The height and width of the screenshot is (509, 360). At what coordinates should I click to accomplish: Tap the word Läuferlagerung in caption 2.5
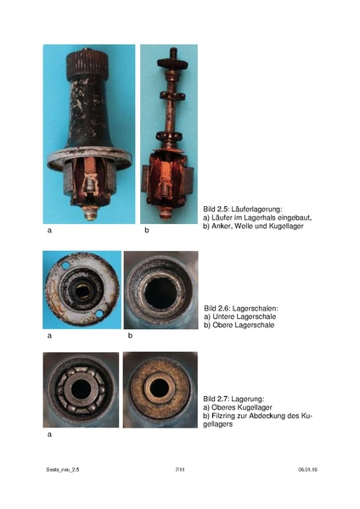[x=257, y=210]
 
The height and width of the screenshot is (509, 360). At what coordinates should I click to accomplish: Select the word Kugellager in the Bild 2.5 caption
[x=286, y=226]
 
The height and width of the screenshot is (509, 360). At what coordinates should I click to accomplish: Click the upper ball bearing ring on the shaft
[x=172, y=96]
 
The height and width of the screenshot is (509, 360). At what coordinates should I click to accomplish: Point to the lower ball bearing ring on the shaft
[x=171, y=136]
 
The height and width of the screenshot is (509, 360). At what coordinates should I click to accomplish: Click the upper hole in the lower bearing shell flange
[x=65, y=266]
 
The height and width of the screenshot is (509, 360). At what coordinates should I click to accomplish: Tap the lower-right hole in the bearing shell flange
[x=99, y=314]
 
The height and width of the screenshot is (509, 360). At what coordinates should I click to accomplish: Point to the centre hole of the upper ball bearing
[x=81, y=389]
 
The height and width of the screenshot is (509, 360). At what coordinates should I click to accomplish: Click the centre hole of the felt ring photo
[x=160, y=389]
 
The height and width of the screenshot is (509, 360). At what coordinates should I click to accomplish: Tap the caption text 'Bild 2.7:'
[x=216, y=399]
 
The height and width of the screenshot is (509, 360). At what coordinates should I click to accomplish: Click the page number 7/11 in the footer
[x=180, y=469]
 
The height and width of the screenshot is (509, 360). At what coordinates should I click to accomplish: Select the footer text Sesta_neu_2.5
[x=63, y=469]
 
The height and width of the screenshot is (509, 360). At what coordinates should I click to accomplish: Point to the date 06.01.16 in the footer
[x=307, y=469]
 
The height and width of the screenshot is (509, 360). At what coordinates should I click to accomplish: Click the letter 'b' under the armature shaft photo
[x=147, y=230]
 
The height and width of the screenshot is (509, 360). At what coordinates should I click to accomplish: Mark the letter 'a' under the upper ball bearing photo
[x=49, y=434]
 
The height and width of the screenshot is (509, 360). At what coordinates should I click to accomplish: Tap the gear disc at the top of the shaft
[x=172, y=62]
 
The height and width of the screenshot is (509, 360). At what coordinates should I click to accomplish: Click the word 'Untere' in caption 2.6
[x=223, y=316]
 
